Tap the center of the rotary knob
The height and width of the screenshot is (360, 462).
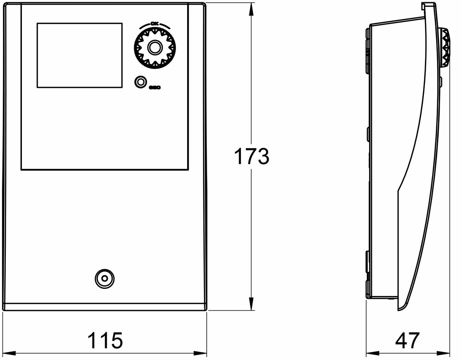pos(155,48)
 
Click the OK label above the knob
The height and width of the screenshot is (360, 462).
pos(155,24)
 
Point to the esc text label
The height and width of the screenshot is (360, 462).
pos(155,88)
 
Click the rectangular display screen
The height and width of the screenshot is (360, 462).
pos(80,55)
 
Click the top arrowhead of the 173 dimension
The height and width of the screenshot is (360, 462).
pos(251,8)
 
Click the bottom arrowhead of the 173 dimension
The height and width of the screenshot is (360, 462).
pos(251,305)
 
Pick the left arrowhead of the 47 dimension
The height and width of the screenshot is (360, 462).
pos(371,353)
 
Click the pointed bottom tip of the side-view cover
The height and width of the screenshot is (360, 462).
pos(398,309)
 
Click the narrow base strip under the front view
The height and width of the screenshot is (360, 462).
pos(105,307)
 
